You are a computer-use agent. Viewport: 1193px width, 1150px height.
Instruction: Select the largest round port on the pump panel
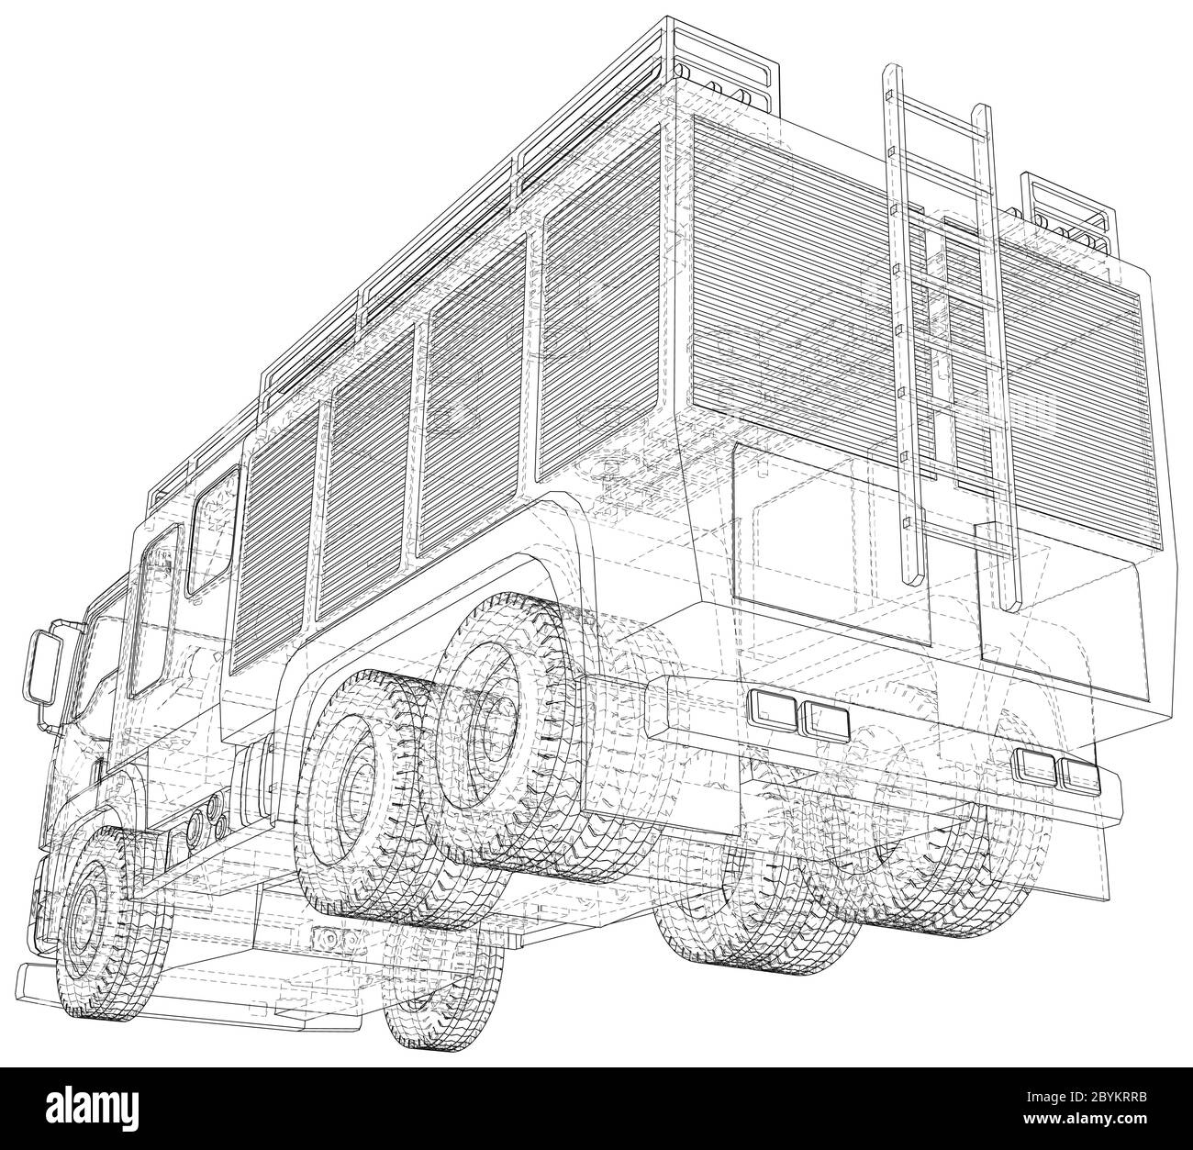(195, 829)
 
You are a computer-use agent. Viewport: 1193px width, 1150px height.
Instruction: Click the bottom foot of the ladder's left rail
(911, 575)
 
